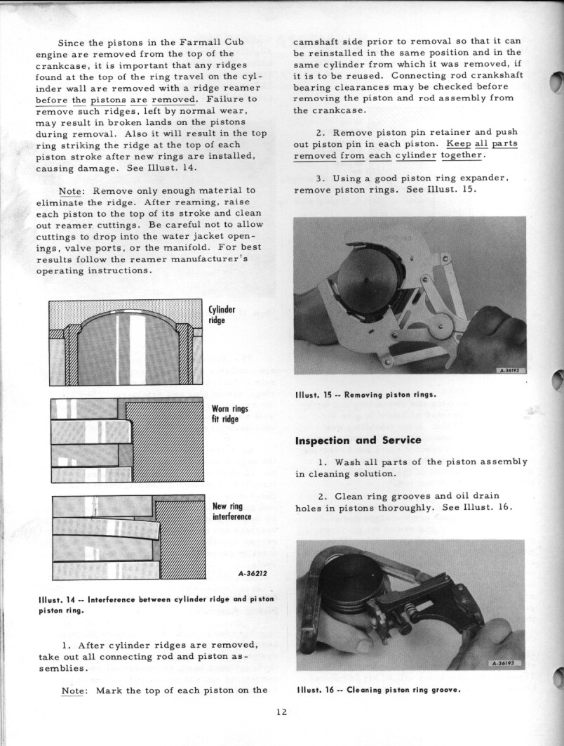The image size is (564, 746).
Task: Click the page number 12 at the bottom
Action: pos(281,712)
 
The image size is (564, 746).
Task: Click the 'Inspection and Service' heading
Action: pos(358,440)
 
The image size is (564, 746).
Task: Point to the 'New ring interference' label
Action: pos(231,511)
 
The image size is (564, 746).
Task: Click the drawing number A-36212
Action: pos(253,573)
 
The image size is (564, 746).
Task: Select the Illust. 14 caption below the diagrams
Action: pos(156,604)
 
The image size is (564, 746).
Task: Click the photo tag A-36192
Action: pos(511,370)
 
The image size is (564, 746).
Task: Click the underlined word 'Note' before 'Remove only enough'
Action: pos(71,190)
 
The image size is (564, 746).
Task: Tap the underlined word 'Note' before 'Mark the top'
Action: pos(74,690)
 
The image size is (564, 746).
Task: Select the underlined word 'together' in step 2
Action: pos(462,155)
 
